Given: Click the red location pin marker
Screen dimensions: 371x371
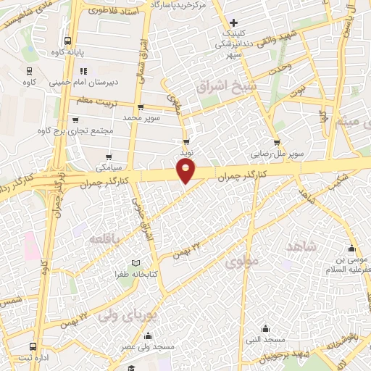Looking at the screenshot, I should click(x=186, y=171).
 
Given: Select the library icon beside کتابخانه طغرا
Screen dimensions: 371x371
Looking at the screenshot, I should click(x=136, y=263).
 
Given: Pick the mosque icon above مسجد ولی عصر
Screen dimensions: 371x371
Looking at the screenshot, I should click(x=149, y=335).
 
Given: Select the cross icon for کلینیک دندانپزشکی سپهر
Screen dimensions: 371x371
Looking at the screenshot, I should click(x=233, y=23).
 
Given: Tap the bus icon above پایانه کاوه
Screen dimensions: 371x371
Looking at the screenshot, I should click(x=68, y=41).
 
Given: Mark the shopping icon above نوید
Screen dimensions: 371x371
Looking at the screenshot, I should click(x=187, y=143).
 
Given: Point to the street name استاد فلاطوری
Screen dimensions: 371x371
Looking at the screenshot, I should click(x=117, y=11).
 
